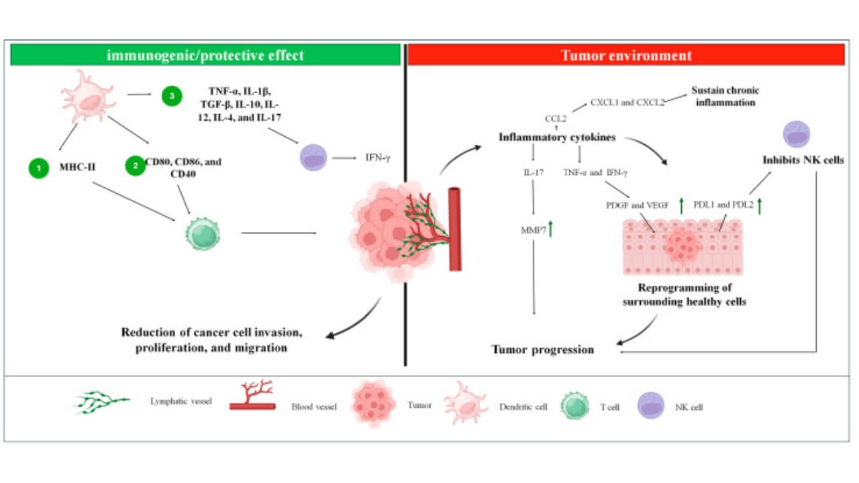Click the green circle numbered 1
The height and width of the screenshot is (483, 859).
(x=39, y=168)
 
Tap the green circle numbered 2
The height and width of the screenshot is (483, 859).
(x=136, y=163)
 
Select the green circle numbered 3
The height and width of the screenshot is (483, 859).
(x=172, y=96)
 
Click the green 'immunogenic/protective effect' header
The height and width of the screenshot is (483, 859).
(x=205, y=55)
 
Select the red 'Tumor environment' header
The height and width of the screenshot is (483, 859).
(x=625, y=55)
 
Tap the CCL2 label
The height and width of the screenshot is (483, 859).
(x=556, y=119)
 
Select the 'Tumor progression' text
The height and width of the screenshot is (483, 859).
(x=543, y=349)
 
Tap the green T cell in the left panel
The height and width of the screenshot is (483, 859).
(x=202, y=233)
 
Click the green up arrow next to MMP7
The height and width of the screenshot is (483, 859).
(x=550, y=230)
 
